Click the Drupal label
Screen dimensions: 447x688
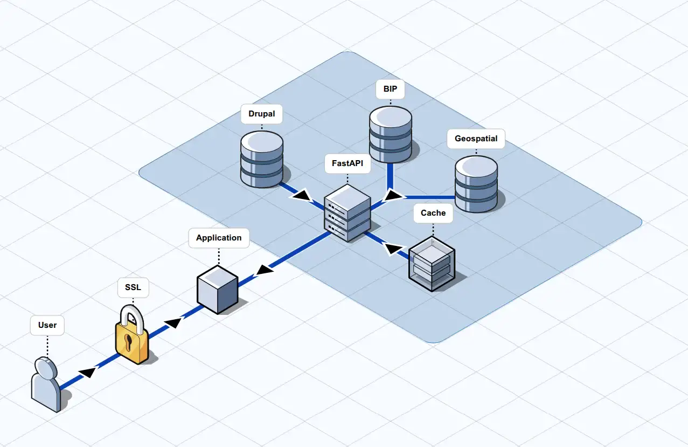[x=262, y=114]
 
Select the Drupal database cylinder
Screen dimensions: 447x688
[x=262, y=159]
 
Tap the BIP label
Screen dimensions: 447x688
[x=390, y=89]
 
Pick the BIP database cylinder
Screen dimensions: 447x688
[x=390, y=134]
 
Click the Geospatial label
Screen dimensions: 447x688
[x=476, y=139]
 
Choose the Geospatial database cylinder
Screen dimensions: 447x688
[x=476, y=184]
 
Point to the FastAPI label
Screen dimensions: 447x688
[x=348, y=162]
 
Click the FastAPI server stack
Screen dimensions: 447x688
[x=348, y=213]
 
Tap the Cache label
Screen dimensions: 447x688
[x=433, y=212]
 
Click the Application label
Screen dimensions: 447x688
[x=219, y=238]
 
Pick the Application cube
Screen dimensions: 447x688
[x=217, y=289]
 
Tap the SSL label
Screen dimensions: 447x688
[x=133, y=287]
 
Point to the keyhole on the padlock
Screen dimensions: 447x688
[x=129, y=343]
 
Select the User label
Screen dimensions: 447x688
[x=47, y=325]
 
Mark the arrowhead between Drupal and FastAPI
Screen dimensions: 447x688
[x=301, y=195]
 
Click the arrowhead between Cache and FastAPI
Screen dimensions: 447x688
[x=394, y=248]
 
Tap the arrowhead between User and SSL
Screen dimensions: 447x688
[x=88, y=372]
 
